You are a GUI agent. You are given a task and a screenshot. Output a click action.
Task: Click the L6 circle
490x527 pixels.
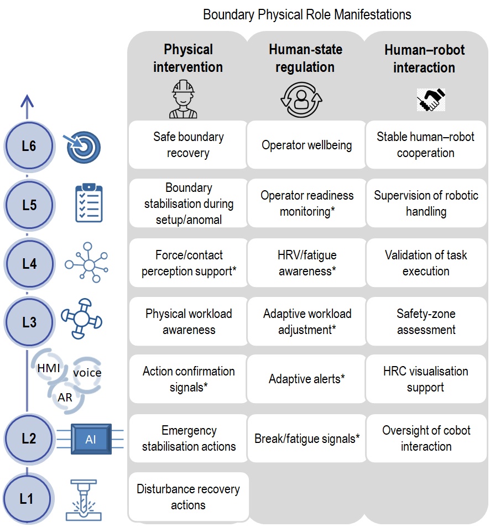point(29,146)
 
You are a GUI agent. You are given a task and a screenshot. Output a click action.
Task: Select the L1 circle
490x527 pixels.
point(27,498)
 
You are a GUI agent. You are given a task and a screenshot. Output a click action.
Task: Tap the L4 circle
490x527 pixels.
point(29,264)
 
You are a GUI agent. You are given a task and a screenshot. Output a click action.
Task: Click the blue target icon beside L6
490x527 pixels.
point(82,147)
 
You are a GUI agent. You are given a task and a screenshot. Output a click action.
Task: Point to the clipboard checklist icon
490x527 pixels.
point(88,202)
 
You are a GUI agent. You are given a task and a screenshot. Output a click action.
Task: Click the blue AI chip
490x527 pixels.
point(91,439)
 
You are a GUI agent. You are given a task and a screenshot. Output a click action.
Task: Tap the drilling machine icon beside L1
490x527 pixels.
point(84,500)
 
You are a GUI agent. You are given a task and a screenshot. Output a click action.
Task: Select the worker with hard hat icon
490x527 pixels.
point(183,99)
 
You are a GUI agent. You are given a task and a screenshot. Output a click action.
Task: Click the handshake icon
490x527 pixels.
point(431,100)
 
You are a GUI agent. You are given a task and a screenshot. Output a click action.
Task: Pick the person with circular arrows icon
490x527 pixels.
point(301,100)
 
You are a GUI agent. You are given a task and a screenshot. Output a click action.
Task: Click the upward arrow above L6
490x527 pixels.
point(27,107)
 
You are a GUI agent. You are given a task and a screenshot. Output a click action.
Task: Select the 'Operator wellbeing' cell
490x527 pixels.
point(306,145)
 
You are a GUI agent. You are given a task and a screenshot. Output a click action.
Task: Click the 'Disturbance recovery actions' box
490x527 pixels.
point(188,497)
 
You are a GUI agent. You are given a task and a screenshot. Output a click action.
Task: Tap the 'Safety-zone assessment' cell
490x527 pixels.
point(426,322)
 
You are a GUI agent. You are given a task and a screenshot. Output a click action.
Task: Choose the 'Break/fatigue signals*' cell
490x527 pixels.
point(307,439)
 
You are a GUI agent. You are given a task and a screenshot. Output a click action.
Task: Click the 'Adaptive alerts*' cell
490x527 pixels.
point(306,379)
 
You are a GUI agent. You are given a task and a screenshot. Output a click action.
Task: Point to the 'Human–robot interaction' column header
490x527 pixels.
point(425,59)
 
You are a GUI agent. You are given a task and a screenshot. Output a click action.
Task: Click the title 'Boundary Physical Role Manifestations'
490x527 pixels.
point(307,15)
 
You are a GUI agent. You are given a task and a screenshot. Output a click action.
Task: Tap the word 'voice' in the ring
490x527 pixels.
point(87,373)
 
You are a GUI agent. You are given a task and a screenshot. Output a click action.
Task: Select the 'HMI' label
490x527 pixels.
point(49,368)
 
